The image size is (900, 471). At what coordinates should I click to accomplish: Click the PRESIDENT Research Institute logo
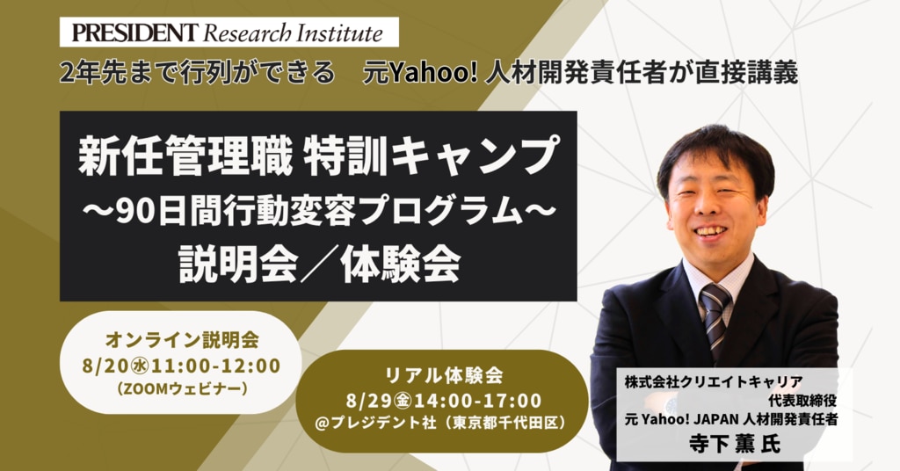pos(229,33)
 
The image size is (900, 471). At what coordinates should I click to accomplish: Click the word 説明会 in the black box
pos(238,265)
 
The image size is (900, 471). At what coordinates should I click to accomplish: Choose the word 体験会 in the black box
pos(400,265)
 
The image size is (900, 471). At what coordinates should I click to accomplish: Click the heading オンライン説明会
pos(181,340)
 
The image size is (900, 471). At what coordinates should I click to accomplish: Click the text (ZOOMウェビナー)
pos(181,389)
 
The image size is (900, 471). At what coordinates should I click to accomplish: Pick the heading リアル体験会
pos(443,375)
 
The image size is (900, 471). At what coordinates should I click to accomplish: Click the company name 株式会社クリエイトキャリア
pos(714,382)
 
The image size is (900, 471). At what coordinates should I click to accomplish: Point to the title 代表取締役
pos(802,401)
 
